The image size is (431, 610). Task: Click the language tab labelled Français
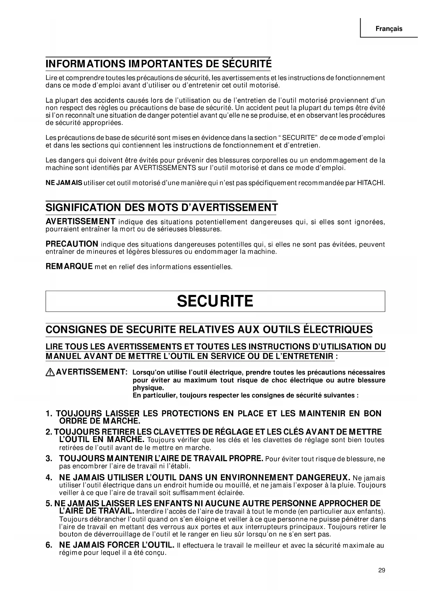pos(389,29)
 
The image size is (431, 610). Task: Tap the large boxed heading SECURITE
pos(215,301)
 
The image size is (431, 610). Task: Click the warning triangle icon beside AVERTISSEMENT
pos(50,372)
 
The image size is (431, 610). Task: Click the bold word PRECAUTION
pos(72,244)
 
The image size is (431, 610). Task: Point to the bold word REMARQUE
pos(69,267)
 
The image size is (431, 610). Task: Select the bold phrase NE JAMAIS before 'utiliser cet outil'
pos(64,183)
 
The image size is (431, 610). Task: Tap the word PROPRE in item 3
pos(245,458)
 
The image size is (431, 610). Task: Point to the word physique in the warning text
pos(148,388)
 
